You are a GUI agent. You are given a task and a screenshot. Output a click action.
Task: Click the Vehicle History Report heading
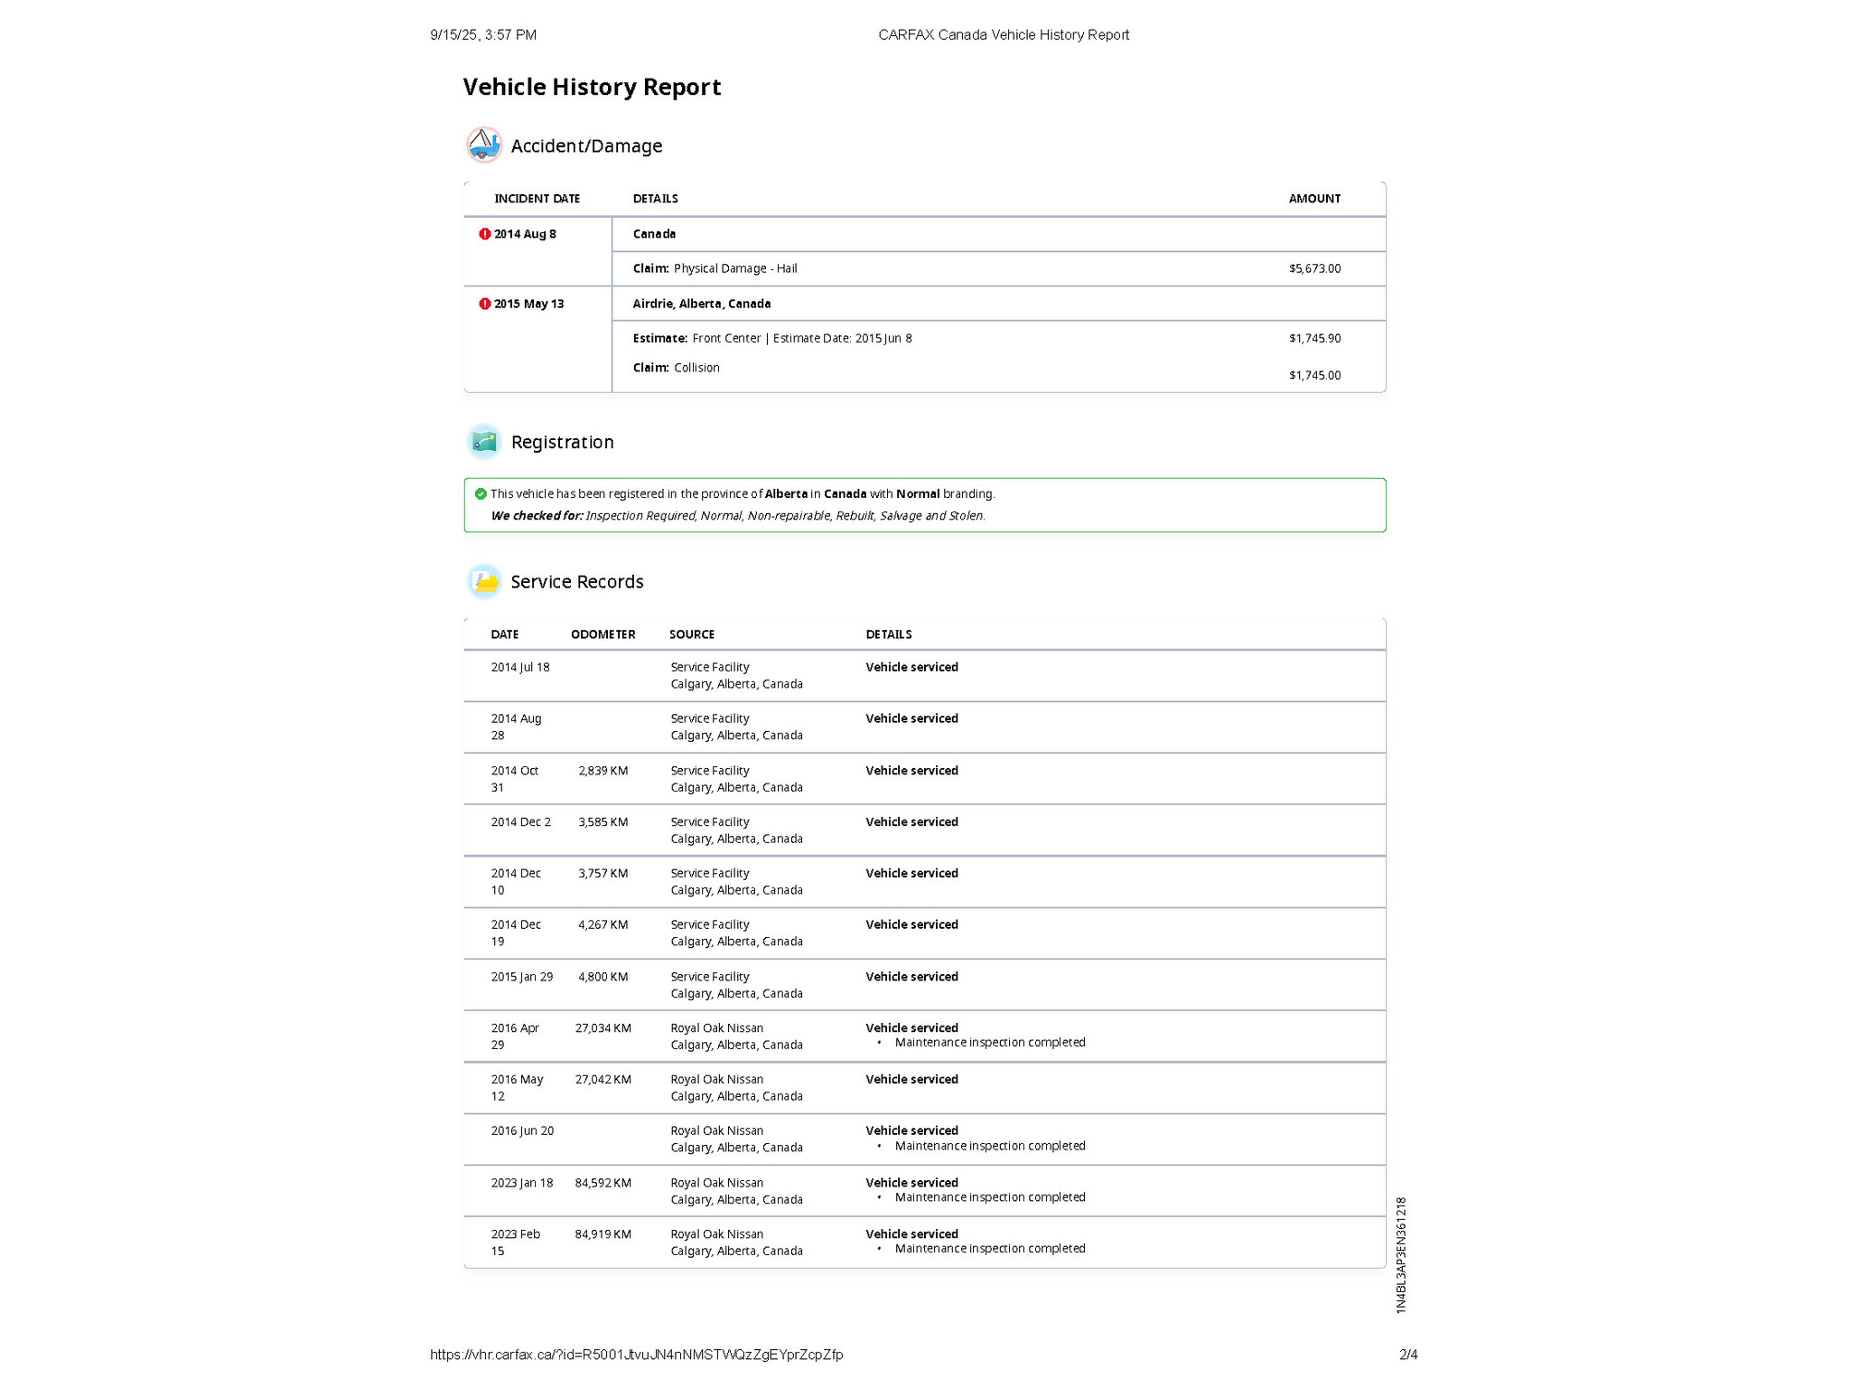point(592,87)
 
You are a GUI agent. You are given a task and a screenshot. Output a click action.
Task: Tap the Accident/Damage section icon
point(484,145)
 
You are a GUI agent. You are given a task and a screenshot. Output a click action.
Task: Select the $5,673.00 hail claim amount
point(1314,268)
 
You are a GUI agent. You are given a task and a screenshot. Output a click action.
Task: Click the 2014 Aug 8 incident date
point(525,234)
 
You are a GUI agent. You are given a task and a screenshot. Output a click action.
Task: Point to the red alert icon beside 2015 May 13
point(485,304)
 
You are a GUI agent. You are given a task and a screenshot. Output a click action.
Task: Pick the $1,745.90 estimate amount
point(1314,338)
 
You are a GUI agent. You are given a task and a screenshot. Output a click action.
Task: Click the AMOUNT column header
point(1314,199)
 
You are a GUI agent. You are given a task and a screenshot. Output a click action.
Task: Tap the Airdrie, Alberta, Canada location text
point(701,304)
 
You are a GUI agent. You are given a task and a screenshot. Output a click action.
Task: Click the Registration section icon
point(484,441)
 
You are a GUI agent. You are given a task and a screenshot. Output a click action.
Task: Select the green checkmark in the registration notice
point(481,493)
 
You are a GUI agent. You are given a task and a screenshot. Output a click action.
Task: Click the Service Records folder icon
point(484,581)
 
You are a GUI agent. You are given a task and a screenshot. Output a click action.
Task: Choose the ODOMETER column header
point(603,634)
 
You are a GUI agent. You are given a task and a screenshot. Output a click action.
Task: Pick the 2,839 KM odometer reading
point(603,771)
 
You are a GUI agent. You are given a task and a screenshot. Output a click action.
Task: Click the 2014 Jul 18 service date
point(519,667)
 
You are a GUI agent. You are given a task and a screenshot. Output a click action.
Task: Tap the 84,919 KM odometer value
point(603,1234)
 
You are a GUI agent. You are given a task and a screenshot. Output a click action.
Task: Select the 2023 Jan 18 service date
point(521,1183)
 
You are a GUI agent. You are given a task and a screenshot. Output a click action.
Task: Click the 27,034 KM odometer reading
point(603,1028)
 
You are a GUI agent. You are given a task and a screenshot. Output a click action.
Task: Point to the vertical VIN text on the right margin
point(1401,1254)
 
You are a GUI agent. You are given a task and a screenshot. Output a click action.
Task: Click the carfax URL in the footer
point(636,1354)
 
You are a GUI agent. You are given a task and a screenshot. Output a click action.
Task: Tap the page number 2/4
point(1408,1354)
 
